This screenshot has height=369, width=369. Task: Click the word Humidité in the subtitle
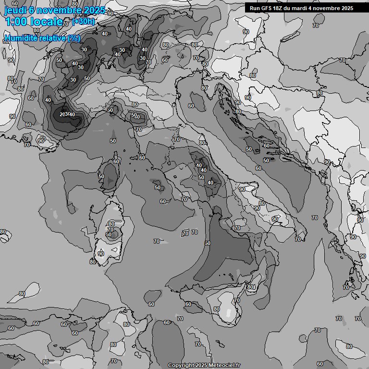pyautogui.click(x=19, y=38)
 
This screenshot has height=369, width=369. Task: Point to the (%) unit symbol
pyautogui.click(x=74, y=38)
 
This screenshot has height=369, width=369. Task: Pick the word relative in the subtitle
pyautogui.click(x=50, y=38)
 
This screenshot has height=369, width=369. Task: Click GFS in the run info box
pyautogui.click(x=267, y=8)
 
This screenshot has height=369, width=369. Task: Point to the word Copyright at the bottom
pyautogui.click(x=181, y=365)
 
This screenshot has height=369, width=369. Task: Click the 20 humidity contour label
pyautogui.click(x=63, y=114)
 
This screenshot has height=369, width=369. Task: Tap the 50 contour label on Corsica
pyautogui.click(x=101, y=177)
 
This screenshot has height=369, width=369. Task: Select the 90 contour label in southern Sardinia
pyautogui.click(x=101, y=254)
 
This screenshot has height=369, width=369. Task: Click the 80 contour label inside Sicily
pyautogui.click(x=217, y=309)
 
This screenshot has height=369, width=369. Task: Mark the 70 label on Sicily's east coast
pyautogui.click(x=236, y=300)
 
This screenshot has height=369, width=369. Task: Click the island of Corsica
pyautogui.click(x=110, y=175)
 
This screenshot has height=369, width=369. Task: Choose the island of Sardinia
pyautogui.click(x=110, y=235)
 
